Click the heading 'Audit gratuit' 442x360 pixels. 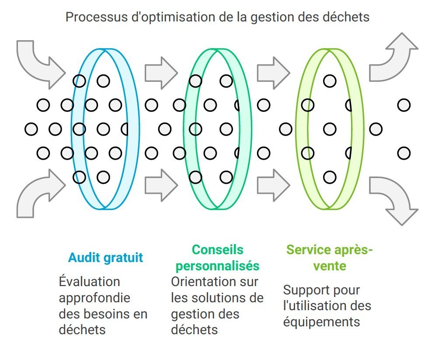click(x=105, y=258)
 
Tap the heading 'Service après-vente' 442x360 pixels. click(x=329, y=258)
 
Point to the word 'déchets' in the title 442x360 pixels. click(x=345, y=17)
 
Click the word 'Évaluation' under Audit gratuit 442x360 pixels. click(x=89, y=282)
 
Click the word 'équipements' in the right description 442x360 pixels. click(x=321, y=322)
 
